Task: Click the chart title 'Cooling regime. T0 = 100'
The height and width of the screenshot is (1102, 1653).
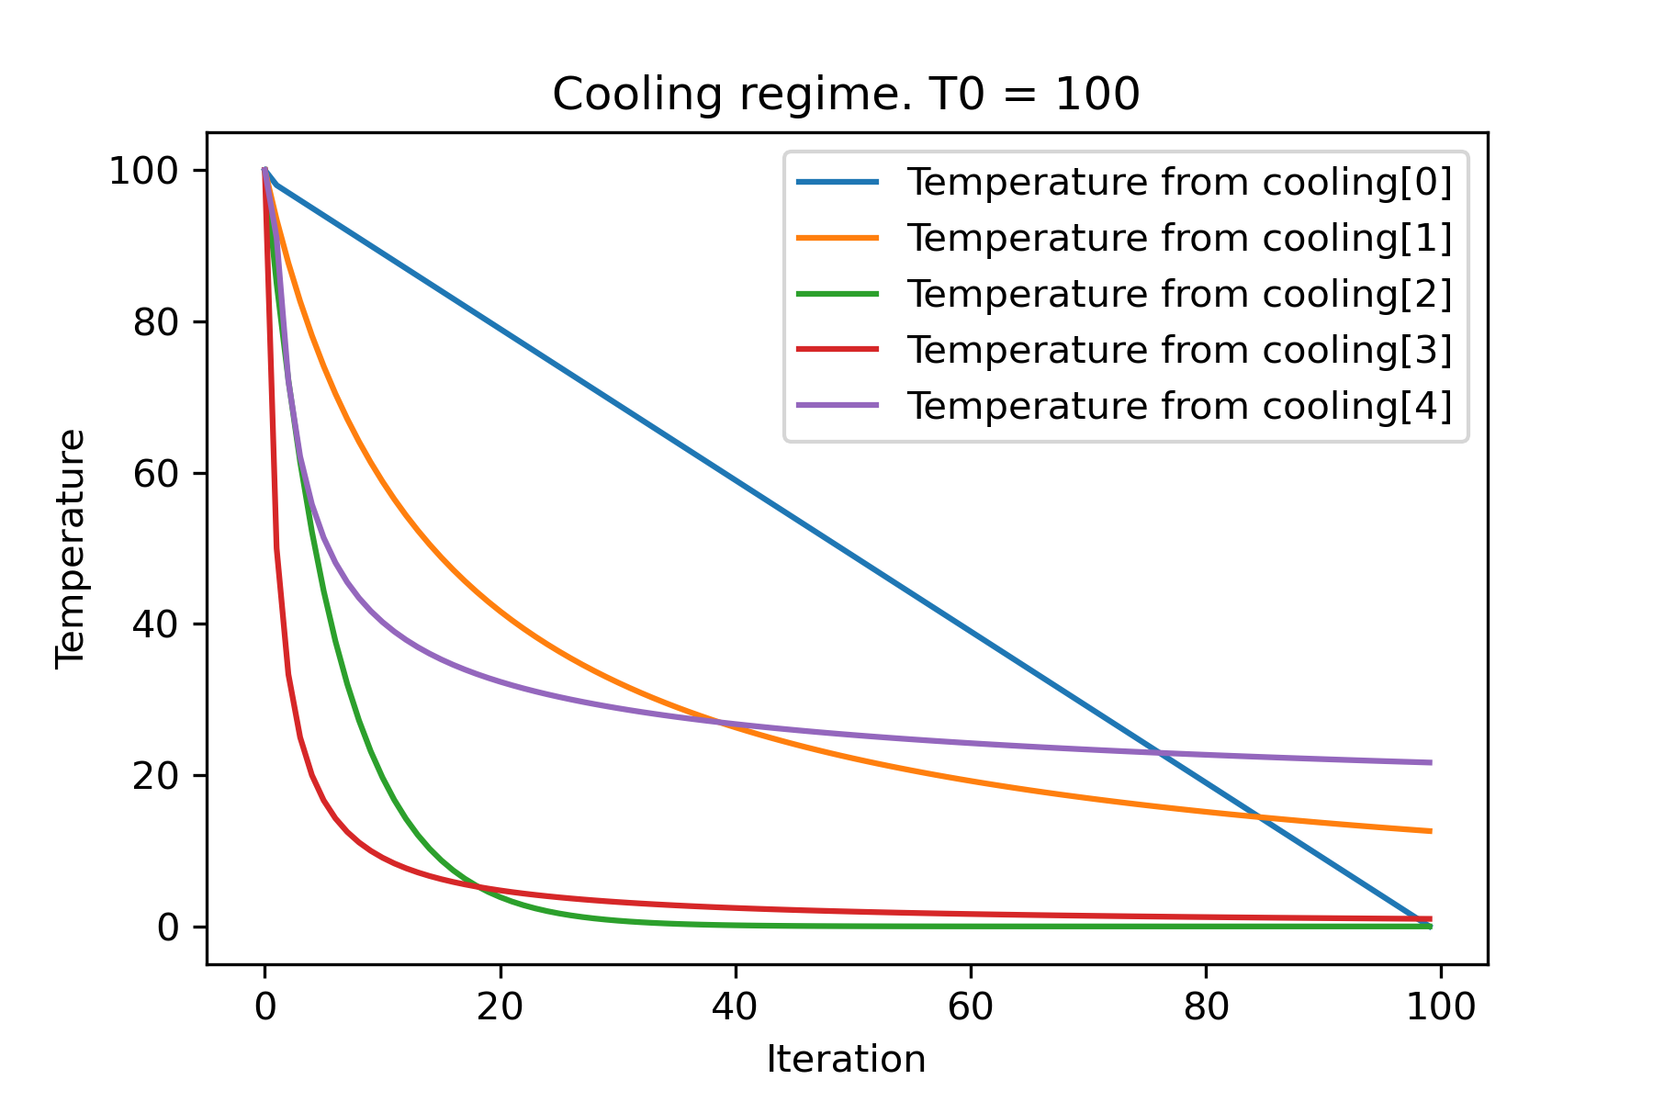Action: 846,95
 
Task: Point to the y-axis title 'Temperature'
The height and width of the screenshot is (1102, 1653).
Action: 71,548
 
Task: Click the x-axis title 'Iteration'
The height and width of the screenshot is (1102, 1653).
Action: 846,1060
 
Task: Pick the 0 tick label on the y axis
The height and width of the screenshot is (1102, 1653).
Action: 168,928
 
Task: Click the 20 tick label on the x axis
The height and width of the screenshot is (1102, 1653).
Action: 500,1007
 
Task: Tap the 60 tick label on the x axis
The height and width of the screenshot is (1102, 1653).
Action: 971,1007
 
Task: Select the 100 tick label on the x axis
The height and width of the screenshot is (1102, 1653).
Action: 1441,1007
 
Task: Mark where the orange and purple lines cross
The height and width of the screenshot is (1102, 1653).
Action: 724,723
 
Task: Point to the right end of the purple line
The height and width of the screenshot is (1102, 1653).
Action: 1431,762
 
